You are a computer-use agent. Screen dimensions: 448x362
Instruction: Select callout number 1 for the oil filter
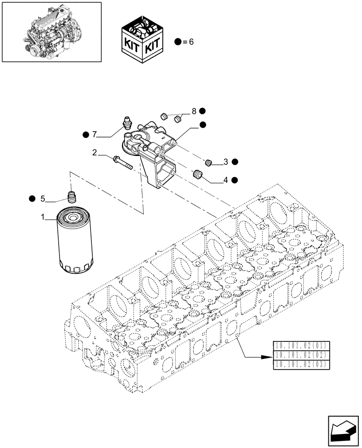click(43, 217)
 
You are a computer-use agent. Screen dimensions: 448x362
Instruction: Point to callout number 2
click(95, 153)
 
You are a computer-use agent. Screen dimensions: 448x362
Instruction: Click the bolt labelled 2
click(123, 162)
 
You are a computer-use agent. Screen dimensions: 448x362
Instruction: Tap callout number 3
click(226, 161)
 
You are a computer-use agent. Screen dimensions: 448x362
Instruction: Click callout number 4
click(226, 180)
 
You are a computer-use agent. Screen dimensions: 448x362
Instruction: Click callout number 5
click(43, 198)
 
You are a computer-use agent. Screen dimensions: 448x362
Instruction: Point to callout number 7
click(95, 134)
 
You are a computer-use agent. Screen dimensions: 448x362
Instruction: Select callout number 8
click(194, 111)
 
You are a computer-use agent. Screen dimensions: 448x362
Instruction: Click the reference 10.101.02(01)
click(301, 345)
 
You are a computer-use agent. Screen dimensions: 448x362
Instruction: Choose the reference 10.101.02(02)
click(301, 355)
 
